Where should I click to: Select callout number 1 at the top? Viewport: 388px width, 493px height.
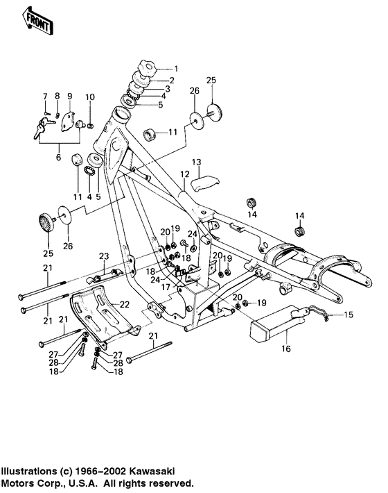click(175, 69)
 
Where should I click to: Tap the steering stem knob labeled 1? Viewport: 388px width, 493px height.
click(148, 69)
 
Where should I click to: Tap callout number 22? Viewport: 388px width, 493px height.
click(125, 303)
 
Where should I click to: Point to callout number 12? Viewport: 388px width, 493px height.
click(185, 174)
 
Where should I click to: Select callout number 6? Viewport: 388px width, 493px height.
click(58, 158)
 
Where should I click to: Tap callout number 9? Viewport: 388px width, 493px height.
click(69, 96)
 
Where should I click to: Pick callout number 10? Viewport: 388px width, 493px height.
click(90, 96)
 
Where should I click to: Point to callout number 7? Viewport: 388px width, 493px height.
click(46, 96)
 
